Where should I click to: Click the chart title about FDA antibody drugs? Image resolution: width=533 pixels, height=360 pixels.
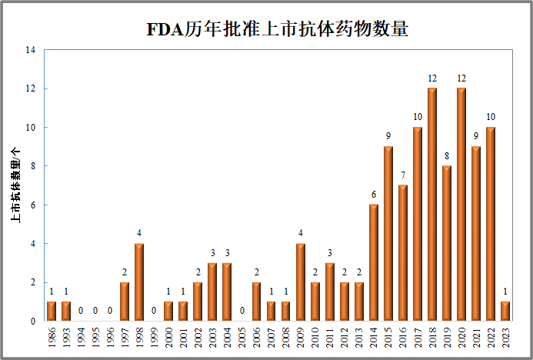277,30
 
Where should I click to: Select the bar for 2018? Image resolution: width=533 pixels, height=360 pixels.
432,205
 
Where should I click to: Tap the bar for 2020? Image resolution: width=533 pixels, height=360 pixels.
461,205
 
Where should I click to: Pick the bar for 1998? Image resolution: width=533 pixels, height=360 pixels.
139,282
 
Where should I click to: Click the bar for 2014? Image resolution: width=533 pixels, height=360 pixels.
374,263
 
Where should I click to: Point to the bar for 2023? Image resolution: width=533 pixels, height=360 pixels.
505,312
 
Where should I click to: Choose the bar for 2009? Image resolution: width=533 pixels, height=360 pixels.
301,282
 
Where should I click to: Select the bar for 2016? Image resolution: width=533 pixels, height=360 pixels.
403,253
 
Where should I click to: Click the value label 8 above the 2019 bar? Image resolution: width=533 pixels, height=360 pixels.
447,156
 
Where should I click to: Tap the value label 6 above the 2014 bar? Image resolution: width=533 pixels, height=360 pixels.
374,195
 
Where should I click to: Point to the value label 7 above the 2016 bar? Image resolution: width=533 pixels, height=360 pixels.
403,175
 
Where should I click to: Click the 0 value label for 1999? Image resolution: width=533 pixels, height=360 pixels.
154,311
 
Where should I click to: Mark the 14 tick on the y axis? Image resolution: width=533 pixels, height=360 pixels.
31,50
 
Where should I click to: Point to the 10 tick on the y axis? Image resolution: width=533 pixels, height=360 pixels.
31,128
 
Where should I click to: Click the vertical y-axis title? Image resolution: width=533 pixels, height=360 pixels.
15,185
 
